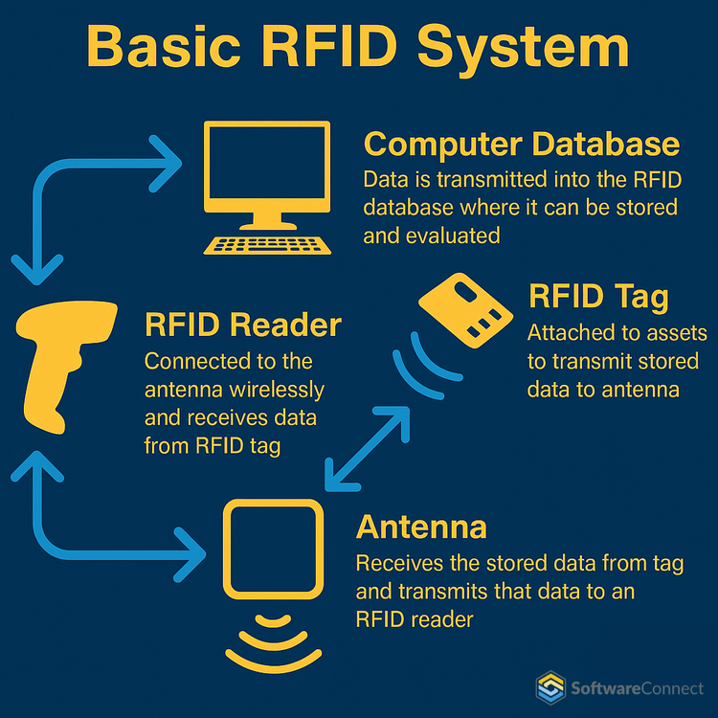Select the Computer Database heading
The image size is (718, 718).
click(522, 144)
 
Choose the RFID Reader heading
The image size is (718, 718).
click(242, 325)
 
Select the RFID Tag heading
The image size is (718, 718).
click(598, 297)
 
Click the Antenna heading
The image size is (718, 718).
click(421, 527)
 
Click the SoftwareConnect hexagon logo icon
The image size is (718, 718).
click(550, 686)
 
